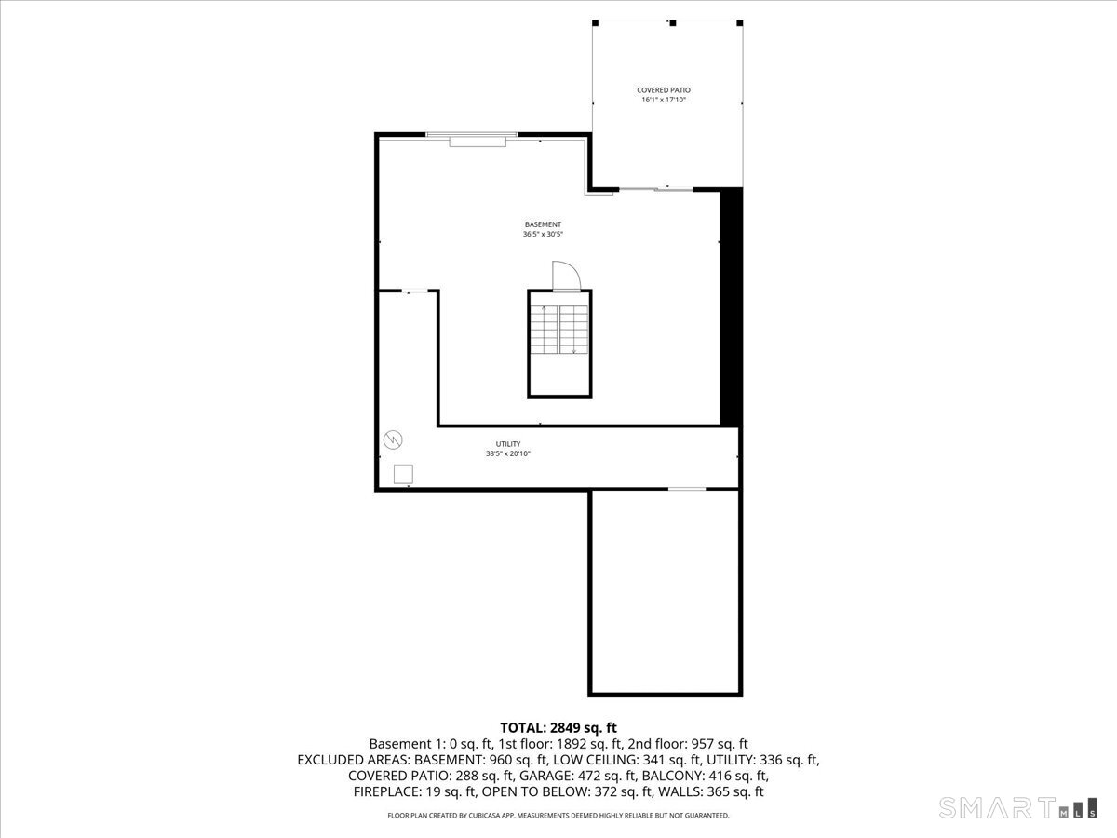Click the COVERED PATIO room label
point(664,90)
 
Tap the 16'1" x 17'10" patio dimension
point(664,100)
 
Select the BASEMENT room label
point(543,224)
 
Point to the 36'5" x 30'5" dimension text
point(543,235)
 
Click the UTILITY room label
point(507,444)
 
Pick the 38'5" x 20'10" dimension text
point(507,454)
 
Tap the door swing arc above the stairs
point(566,277)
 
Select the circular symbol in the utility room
point(393,438)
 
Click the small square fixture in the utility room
point(403,474)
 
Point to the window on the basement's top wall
point(472,137)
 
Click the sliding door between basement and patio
point(656,190)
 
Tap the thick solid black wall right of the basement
point(732,307)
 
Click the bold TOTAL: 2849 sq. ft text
point(558,728)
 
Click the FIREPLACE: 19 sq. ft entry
point(415,791)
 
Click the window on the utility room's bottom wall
point(687,488)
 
